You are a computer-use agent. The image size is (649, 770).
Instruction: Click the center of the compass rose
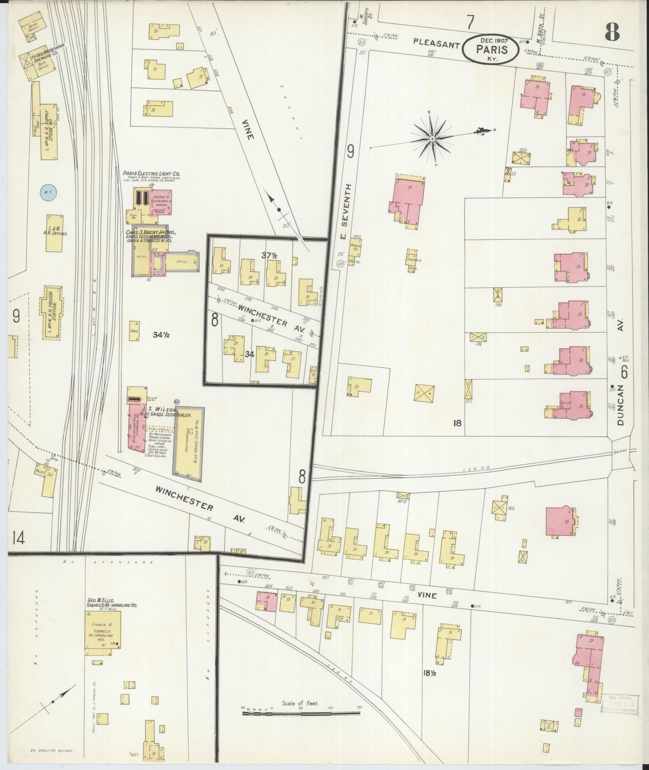click(x=432, y=139)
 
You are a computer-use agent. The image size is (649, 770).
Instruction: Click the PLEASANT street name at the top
click(x=436, y=45)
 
